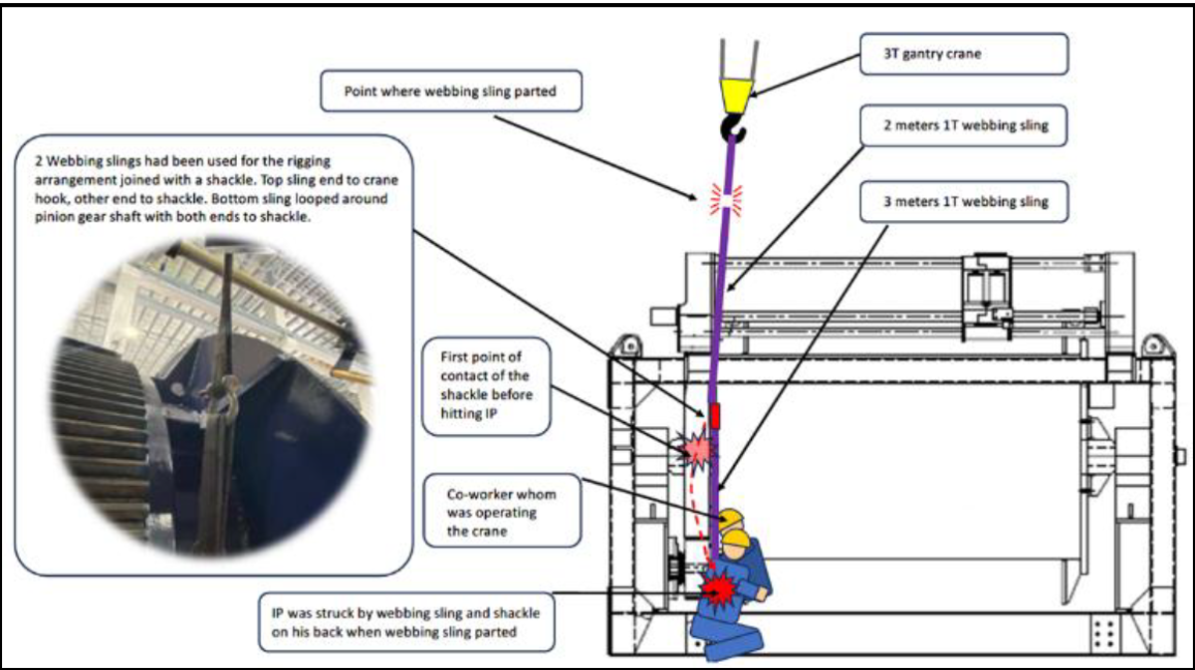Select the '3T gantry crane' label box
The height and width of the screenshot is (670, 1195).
964,54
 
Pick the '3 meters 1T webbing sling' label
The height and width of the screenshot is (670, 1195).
964,202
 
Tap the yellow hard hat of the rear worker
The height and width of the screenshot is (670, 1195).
732,519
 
